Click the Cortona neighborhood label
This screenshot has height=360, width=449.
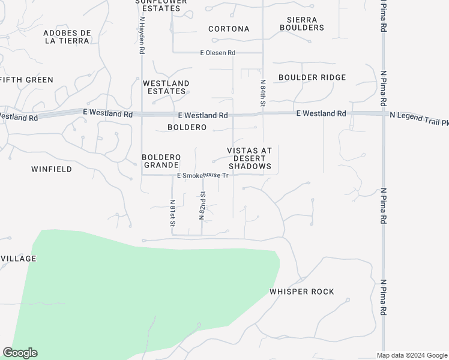coord(229,29)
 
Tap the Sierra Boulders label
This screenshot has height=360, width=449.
coord(301,23)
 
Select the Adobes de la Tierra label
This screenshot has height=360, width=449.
coord(67,37)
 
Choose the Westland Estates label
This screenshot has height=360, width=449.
coord(166,87)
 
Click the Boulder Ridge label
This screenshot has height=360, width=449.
coord(312,77)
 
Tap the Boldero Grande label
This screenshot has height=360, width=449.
coord(161,161)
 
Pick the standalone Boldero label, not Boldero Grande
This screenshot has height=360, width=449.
coord(187,127)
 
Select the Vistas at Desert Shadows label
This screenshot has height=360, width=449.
coord(249,158)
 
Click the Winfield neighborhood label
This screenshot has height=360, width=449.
coord(52,169)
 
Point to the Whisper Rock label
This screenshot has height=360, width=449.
coord(302,292)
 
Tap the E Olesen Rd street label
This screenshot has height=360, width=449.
coord(217,53)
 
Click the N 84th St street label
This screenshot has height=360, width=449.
coord(263,93)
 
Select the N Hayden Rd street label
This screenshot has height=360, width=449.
coord(142,36)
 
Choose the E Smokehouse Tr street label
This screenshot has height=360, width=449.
coord(202,176)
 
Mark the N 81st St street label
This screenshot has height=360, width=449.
coord(172,212)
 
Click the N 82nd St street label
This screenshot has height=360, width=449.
coord(203,205)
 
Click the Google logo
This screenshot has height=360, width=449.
coord(20,353)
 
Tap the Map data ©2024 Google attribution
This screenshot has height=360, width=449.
coord(412,355)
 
